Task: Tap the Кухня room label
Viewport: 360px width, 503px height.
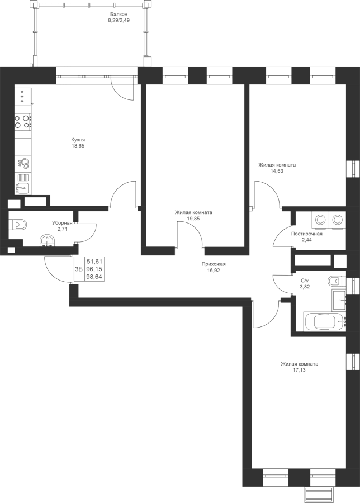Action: point(78,140)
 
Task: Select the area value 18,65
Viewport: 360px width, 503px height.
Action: point(78,146)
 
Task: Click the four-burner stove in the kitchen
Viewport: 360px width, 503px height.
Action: point(23,122)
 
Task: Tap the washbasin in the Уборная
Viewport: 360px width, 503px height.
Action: point(49,241)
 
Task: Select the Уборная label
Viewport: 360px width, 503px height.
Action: point(62,222)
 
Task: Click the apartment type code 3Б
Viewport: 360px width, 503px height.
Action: point(79,269)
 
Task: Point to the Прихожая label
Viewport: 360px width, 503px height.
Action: point(214,264)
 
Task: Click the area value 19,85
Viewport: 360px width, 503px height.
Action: point(193,218)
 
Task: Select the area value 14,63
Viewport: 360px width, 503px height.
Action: point(277,171)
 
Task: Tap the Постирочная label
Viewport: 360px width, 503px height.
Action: point(307,234)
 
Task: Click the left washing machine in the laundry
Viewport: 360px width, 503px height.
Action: point(320,220)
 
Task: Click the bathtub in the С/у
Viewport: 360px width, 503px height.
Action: point(325,322)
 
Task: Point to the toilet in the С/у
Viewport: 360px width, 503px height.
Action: point(337,282)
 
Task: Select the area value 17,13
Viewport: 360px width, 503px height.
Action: point(300,370)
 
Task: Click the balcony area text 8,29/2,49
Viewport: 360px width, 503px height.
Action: point(119,20)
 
